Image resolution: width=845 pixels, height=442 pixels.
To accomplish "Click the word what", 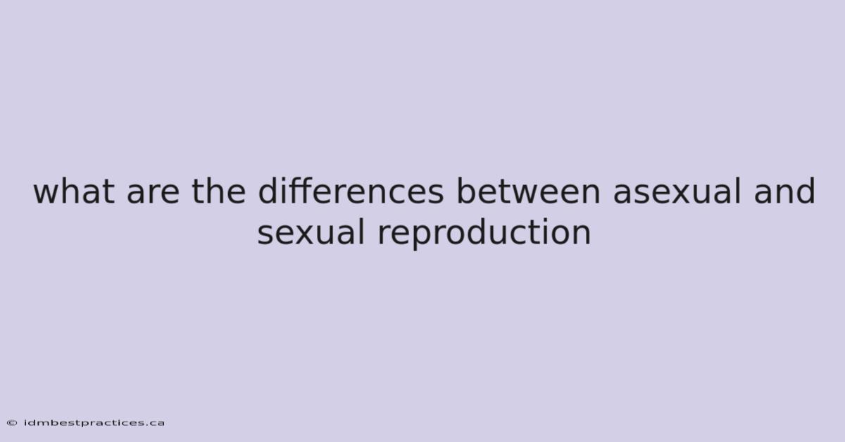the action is click(74, 191).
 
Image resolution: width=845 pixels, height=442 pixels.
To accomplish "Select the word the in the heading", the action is click(219, 191).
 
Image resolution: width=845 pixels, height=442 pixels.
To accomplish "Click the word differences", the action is click(351, 191).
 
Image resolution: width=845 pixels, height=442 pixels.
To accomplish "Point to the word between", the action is click(528, 191).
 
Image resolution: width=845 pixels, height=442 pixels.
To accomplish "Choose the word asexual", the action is click(677, 191).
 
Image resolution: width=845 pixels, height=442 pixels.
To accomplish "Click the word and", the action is click(784, 191).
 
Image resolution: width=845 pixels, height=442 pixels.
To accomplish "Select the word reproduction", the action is click(484, 233).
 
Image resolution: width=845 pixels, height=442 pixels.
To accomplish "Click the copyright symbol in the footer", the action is click(12, 423).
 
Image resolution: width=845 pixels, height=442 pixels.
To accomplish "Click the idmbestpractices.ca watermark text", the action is click(94, 423).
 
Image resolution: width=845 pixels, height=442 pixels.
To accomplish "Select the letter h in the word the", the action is click(213, 191).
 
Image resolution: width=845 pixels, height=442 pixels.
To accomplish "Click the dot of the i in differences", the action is click(281, 179).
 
